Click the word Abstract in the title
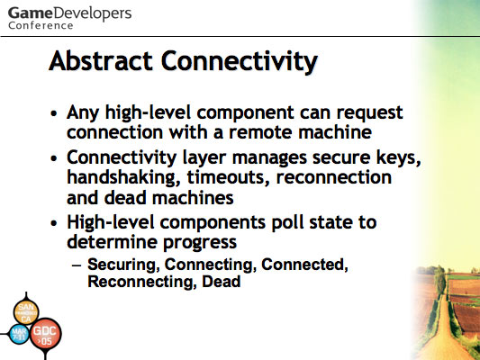point(101,61)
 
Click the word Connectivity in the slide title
point(240,62)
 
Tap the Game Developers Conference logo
point(70,18)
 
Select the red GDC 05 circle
point(46,333)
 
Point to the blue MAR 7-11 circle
point(19,334)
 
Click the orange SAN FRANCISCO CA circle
point(26,312)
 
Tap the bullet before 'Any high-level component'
point(54,113)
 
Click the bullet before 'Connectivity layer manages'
point(54,158)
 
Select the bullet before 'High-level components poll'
point(54,222)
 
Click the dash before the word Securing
point(77,265)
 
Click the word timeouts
point(229,178)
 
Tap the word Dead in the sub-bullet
point(221,282)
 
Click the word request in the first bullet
point(369,113)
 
